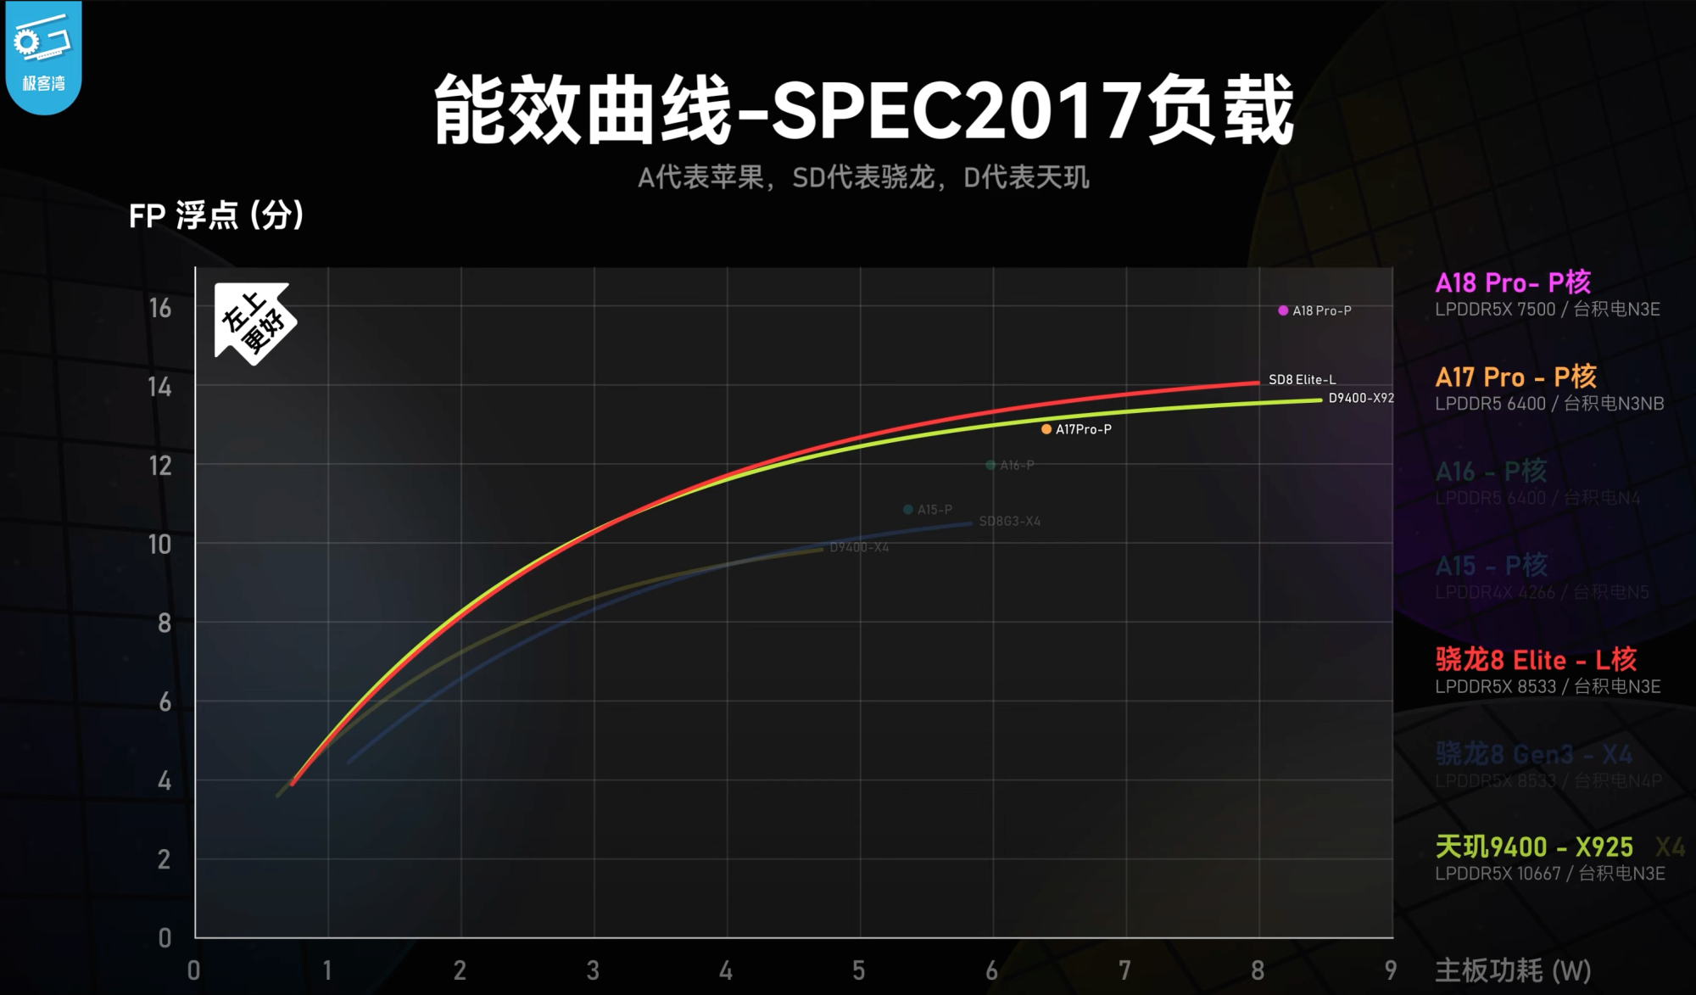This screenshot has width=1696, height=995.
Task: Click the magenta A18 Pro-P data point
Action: (1283, 310)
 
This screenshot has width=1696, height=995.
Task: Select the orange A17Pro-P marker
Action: (1046, 429)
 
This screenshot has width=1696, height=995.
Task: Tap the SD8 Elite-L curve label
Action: (1302, 379)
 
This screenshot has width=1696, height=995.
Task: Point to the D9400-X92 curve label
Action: (1360, 398)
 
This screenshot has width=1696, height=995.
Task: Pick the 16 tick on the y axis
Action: (160, 308)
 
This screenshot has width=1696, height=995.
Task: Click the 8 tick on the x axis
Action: (1258, 970)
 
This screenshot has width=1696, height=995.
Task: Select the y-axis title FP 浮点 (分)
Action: (216, 215)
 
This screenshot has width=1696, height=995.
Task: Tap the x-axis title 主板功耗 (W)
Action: (1512, 970)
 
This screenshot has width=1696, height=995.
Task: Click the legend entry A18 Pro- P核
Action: (1512, 282)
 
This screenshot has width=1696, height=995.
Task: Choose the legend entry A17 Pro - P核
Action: (1515, 377)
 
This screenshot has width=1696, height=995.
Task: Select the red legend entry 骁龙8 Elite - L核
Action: (1536, 659)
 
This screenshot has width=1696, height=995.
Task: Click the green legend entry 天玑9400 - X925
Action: (1534, 846)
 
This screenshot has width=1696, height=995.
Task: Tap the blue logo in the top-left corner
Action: (43, 56)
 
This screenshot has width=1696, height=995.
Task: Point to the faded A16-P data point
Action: (990, 465)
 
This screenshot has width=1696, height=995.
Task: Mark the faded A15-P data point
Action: (908, 509)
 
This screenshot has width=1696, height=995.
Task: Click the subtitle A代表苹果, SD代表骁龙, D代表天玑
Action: (863, 177)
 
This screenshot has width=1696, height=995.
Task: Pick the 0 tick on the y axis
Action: (165, 937)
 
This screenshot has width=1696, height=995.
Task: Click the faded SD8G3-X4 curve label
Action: (1009, 521)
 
